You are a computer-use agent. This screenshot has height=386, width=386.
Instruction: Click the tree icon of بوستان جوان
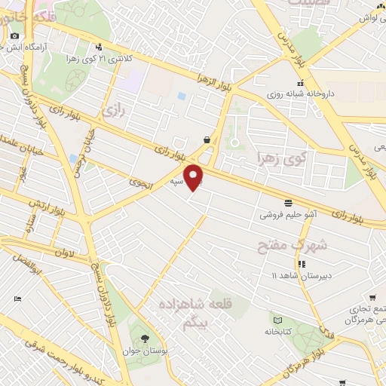pos(145,338)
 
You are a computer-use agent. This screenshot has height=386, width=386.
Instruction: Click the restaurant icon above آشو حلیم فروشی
pos(288,202)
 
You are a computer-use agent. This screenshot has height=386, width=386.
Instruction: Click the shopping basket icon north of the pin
pos(207,139)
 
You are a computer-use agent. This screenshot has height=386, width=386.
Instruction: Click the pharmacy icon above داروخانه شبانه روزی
pos(301,83)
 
